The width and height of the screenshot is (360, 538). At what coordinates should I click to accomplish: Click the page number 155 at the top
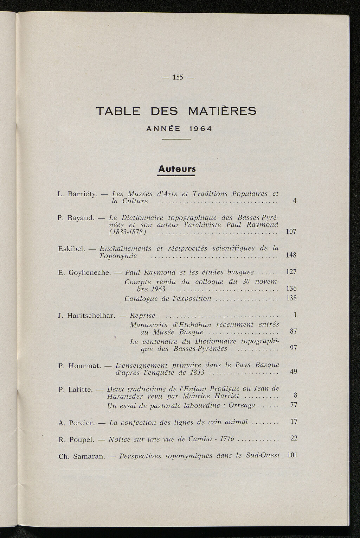[x=179, y=77]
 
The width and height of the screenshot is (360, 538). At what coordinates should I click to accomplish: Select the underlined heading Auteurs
[x=176, y=169]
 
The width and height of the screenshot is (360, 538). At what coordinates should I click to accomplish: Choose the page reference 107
[x=291, y=232]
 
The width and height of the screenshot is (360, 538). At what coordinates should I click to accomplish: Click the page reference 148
[x=291, y=255]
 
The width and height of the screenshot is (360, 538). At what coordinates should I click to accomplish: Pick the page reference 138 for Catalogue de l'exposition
[x=292, y=298]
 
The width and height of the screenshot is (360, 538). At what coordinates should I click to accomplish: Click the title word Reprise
[x=142, y=316]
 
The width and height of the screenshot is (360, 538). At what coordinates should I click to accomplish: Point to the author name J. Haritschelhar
[x=86, y=316]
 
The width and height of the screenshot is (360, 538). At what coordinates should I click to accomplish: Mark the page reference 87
[x=293, y=331]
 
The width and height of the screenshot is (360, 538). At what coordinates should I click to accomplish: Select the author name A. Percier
[x=77, y=423]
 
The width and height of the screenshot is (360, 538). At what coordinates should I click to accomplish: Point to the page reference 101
[x=292, y=455]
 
